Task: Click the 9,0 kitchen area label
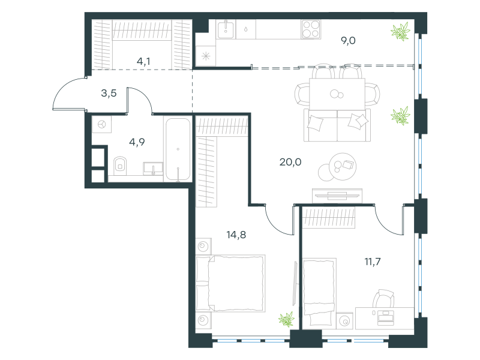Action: (x=348, y=40)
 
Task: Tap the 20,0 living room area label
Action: (x=290, y=162)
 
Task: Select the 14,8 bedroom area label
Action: (x=236, y=235)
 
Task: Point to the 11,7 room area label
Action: (x=373, y=262)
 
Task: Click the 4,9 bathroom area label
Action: (x=137, y=142)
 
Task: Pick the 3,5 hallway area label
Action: (x=109, y=93)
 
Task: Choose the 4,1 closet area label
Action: (x=143, y=62)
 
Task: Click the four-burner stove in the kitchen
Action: (x=311, y=29)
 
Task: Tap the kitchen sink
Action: (x=226, y=29)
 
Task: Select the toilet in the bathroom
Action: (x=120, y=166)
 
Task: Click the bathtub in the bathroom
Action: (x=178, y=149)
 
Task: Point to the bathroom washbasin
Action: (x=153, y=169)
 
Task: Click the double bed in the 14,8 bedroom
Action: (x=230, y=283)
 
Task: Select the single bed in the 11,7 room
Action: (x=319, y=292)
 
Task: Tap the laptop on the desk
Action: (x=385, y=318)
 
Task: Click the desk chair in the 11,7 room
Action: (x=383, y=298)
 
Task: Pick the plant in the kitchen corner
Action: (x=400, y=31)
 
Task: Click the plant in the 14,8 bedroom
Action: (x=287, y=319)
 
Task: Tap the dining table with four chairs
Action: (x=337, y=94)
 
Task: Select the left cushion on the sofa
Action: (x=316, y=123)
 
